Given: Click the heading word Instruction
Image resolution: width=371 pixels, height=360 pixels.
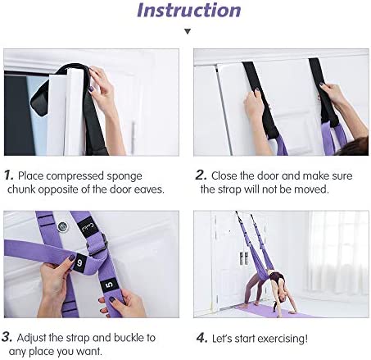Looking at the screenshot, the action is pos(189,10).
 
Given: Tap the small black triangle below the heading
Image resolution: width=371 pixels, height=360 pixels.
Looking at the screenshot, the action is pos(188,31).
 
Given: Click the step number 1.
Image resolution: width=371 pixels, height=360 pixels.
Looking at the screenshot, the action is pos(9,175).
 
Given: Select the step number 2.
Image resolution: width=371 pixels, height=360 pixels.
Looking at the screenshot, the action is pos(201,175).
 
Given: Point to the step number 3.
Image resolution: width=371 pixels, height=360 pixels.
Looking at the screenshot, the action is pos(7,337).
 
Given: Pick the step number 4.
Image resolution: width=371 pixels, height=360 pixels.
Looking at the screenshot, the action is pos(202,338).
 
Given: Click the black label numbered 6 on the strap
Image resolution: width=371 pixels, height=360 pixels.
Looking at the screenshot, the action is pos(79,263).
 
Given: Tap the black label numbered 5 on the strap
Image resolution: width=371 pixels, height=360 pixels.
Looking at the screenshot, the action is pos(109,285).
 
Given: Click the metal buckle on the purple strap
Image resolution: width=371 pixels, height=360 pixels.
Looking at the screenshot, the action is pos(97,245).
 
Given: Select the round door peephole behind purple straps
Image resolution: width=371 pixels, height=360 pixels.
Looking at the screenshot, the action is pos(62,226).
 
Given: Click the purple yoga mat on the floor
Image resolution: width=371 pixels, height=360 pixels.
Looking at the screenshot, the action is pos(276,311).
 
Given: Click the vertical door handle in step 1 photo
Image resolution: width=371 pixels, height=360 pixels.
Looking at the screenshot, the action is pos(133,135).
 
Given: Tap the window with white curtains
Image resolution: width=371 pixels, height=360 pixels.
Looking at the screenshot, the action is pos(338,253).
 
